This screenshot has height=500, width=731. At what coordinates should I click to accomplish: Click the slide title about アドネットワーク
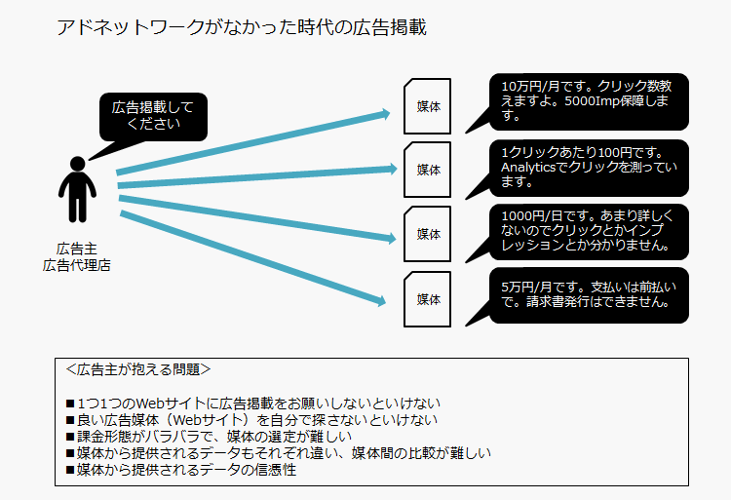242,27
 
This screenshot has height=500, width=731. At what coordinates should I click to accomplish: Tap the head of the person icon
77,164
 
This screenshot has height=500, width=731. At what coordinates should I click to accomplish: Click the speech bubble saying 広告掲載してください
153,117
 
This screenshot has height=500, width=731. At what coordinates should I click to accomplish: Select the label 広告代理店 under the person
76,265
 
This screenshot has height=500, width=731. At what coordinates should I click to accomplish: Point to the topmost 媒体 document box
427,106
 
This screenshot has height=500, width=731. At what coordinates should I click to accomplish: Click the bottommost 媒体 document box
427,299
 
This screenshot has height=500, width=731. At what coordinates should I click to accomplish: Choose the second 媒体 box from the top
427,170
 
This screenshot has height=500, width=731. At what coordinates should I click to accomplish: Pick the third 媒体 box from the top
427,234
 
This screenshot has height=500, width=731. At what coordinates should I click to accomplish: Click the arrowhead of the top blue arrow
385,114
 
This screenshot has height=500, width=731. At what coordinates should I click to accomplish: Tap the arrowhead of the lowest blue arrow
381,301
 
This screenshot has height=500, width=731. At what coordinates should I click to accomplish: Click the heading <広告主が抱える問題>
138,369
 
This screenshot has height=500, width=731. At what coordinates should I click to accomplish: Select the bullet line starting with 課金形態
209,437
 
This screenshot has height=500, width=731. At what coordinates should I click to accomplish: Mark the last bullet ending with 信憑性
181,470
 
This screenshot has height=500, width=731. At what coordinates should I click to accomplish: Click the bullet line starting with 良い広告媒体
251,420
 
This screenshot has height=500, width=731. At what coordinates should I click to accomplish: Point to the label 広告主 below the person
76,249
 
